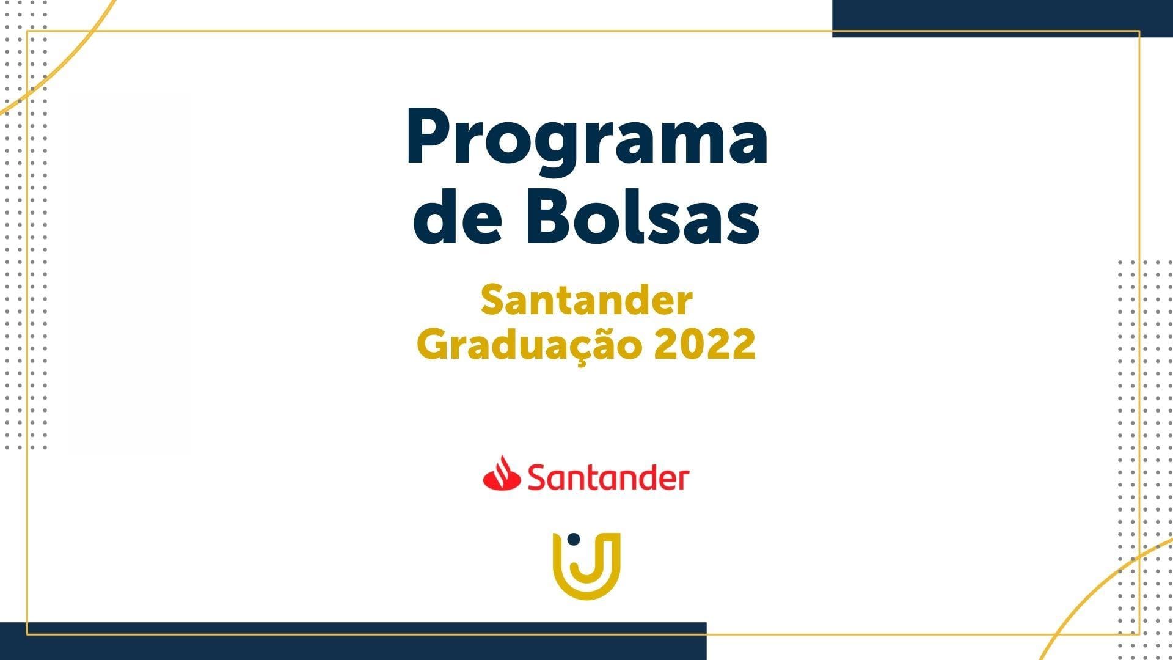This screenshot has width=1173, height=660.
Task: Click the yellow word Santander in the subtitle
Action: point(586,301)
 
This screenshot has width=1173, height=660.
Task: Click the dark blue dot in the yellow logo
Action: point(573,539)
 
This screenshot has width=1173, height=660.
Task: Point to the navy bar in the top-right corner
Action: point(1003,18)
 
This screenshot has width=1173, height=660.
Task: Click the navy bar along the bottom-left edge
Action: point(353,641)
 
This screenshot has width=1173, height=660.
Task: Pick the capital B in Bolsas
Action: point(550,215)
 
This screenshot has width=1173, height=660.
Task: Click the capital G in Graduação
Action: point(433,345)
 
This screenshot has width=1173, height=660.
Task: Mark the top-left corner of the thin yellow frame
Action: point(27,31)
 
